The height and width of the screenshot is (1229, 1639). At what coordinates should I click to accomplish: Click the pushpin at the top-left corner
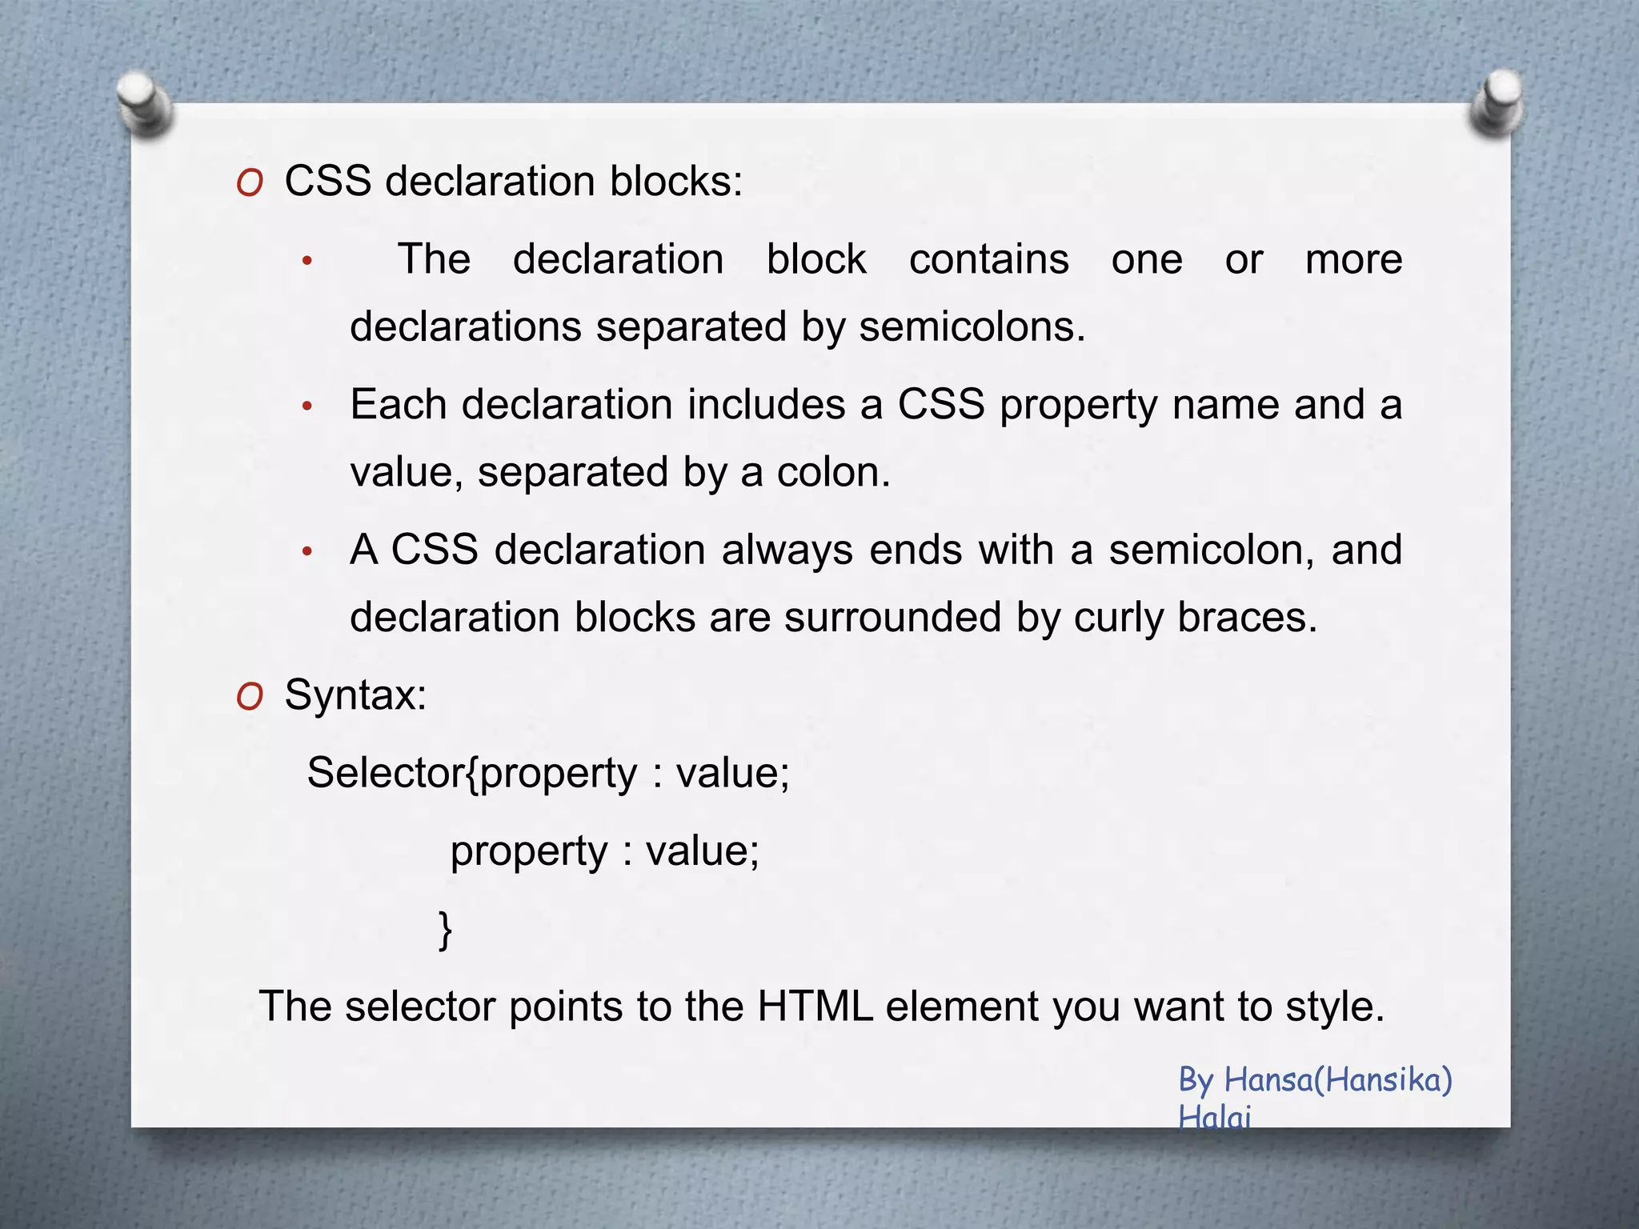(145, 104)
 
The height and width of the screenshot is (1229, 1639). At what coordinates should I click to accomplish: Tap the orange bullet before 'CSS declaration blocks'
(250, 184)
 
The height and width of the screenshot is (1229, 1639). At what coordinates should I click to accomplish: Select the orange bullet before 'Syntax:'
(250, 698)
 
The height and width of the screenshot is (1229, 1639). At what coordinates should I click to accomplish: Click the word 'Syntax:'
(355, 695)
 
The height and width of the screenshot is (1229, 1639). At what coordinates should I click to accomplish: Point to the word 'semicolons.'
(972, 326)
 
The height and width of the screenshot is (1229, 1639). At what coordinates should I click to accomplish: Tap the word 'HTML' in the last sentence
(815, 1006)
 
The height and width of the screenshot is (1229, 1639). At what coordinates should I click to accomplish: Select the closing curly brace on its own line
(446, 929)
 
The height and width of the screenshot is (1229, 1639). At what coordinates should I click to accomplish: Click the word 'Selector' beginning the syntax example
(384, 773)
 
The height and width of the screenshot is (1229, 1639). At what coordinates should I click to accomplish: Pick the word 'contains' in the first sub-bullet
(988, 259)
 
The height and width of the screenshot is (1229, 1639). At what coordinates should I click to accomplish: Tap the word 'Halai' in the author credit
(1213, 1116)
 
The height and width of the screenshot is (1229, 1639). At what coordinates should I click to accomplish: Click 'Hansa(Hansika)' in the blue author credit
(1338, 1079)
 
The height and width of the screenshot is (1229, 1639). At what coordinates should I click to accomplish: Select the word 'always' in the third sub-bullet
(787, 550)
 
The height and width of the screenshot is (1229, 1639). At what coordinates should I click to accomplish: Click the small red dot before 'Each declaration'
(307, 407)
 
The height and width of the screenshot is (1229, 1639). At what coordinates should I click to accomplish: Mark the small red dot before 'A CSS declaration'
(307, 552)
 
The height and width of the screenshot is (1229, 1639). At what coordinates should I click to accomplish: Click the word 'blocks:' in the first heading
(676, 181)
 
